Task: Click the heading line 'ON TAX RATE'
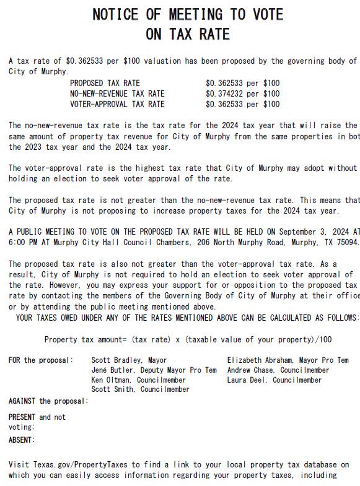(x=187, y=34)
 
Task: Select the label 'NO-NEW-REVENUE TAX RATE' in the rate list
(x=117, y=93)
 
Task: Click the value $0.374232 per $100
(x=242, y=93)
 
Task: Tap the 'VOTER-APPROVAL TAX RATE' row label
(x=117, y=104)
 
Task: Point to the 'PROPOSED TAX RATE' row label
(x=105, y=83)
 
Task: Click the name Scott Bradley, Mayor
(x=129, y=360)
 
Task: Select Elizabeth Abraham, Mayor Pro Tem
(x=288, y=360)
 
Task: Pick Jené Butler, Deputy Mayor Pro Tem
(x=154, y=370)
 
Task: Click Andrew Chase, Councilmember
(x=278, y=370)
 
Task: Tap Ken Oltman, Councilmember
(x=138, y=380)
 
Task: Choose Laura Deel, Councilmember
(x=274, y=380)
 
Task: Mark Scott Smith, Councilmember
(x=140, y=390)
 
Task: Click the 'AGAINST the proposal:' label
(x=48, y=401)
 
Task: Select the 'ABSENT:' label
(x=22, y=440)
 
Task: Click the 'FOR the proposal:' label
(x=41, y=360)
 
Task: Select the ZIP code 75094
(x=345, y=242)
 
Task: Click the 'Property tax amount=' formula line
(x=188, y=339)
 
